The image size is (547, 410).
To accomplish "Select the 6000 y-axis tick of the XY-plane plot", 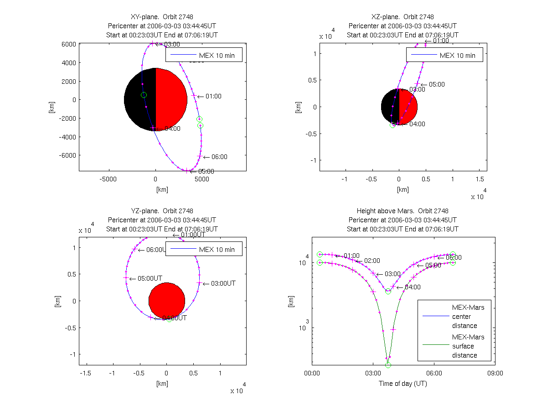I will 69,44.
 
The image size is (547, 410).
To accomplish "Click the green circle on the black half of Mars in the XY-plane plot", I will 144,95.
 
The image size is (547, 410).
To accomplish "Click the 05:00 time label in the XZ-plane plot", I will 437,84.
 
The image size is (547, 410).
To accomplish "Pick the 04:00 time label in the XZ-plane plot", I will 417,123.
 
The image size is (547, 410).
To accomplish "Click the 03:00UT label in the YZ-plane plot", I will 223,283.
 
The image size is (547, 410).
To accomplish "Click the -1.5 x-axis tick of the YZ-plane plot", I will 85,373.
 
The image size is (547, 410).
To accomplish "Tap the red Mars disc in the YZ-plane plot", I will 166,301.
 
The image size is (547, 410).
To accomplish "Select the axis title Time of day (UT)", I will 403,384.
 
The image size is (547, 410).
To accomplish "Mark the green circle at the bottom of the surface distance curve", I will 388,365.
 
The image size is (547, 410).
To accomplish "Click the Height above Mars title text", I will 403,211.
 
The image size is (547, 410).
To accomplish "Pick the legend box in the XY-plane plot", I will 204,55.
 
